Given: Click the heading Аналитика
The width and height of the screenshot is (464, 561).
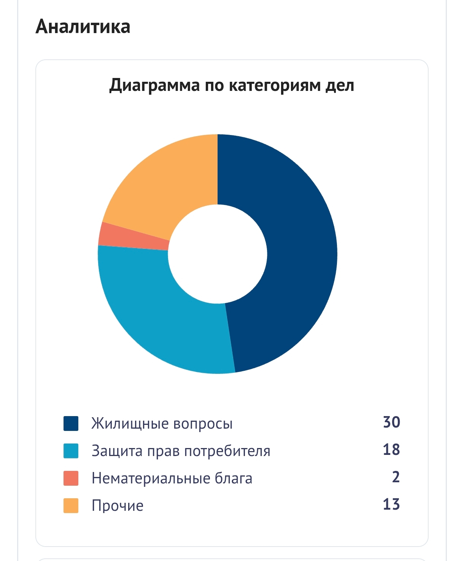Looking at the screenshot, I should click(83, 27).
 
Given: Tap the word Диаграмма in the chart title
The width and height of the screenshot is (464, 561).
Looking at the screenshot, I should click(154, 85).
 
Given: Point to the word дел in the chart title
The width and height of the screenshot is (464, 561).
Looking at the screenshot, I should click(340, 85).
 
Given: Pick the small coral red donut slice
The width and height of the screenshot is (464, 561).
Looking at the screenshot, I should click(133, 236).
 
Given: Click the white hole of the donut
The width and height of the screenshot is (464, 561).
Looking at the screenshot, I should click(218, 254).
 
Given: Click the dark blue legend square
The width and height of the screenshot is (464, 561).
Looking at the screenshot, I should click(71, 424).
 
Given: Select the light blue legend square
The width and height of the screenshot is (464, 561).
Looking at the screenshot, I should click(71, 451).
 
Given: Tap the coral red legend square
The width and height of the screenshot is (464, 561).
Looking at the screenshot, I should click(71, 478).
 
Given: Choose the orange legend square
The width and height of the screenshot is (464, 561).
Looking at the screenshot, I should click(71, 506).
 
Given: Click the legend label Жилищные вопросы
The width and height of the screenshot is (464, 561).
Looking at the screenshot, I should click(162, 424).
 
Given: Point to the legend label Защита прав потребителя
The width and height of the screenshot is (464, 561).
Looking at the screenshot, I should click(181, 451).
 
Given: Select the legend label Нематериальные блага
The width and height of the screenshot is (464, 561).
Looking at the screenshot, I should click(172, 478).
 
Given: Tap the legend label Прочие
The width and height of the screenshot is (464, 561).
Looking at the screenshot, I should click(118, 506).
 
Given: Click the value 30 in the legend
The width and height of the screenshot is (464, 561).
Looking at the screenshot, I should click(391, 423).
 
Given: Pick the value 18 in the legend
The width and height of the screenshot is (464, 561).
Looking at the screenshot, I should click(391, 450).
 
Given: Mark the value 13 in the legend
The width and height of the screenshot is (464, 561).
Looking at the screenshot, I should click(391, 505).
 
